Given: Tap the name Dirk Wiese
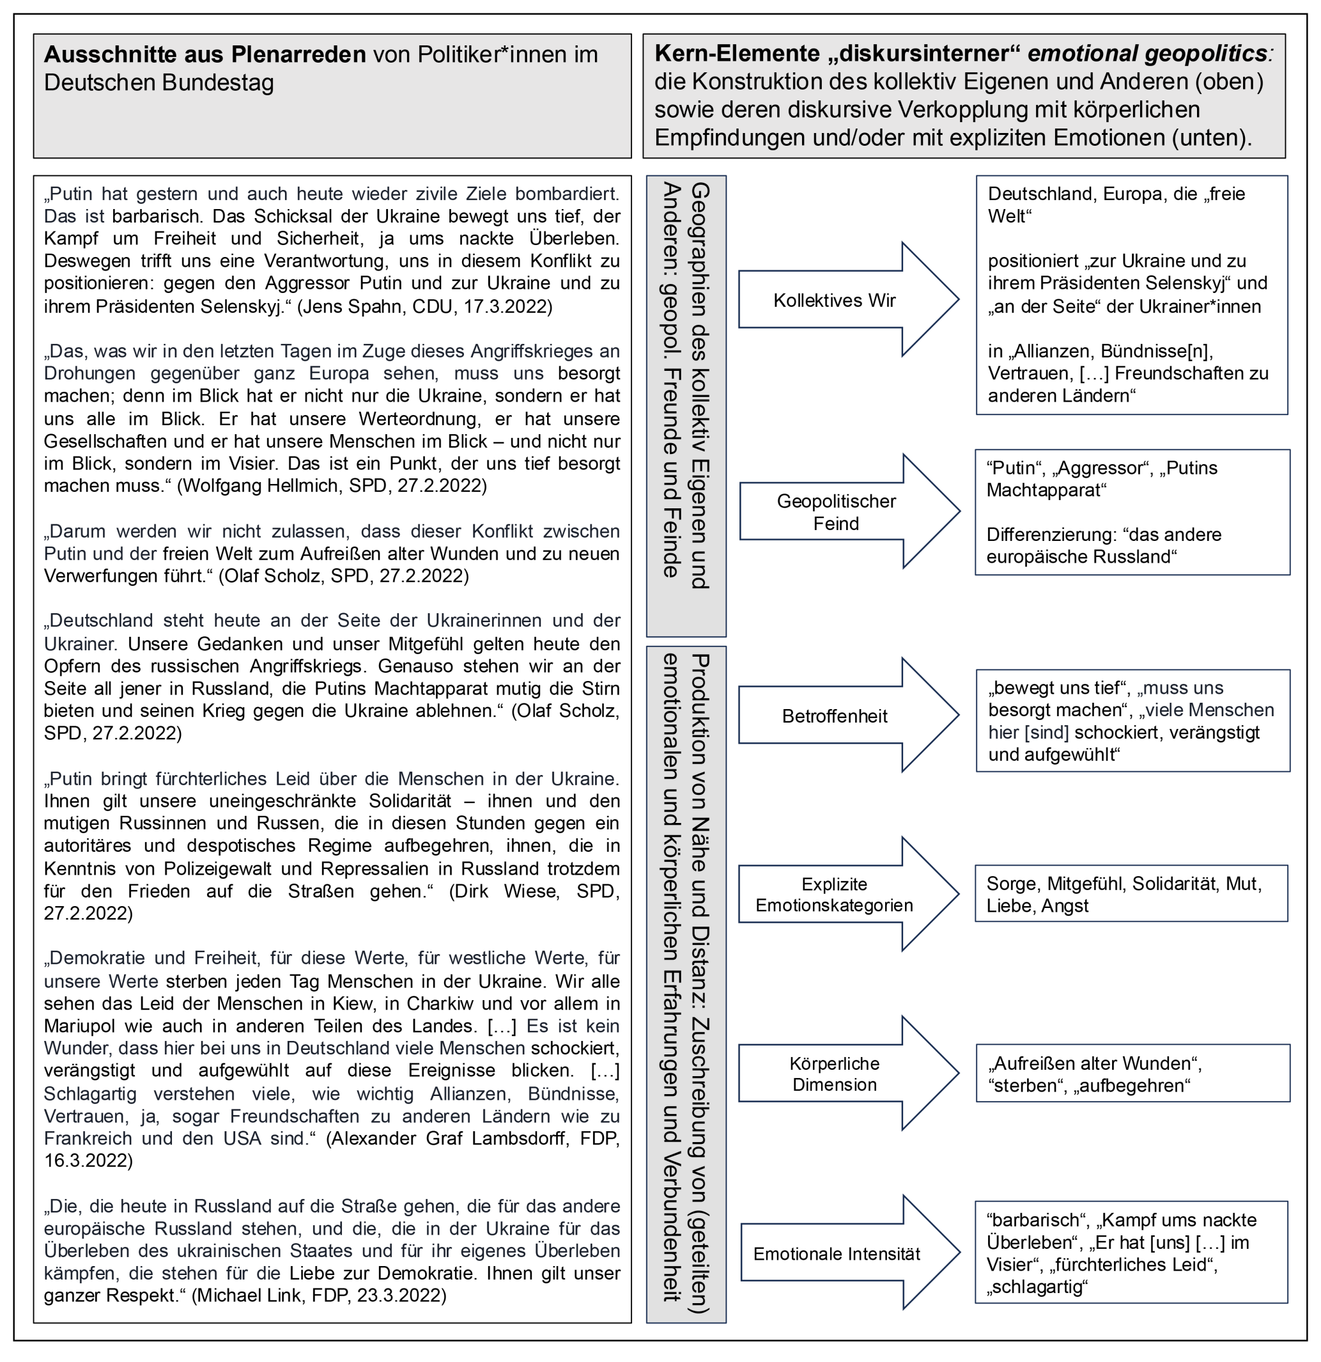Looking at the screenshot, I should [507, 891].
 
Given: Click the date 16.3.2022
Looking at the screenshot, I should [83, 1161].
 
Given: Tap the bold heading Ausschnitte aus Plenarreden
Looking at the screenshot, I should [205, 54].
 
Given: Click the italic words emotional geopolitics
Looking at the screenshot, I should [1150, 54].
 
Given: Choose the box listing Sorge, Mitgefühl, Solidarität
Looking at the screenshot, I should [1131, 895].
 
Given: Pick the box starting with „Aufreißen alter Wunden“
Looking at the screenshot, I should [1132, 1074].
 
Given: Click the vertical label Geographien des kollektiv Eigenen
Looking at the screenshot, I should [699, 386].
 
